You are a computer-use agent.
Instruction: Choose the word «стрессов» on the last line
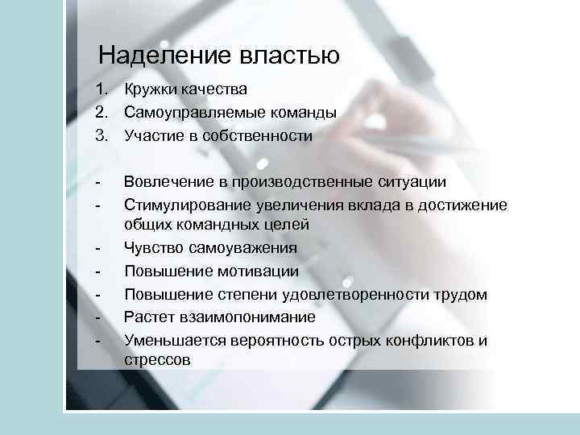pyautogui.click(x=158, y=361)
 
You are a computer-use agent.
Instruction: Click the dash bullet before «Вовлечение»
pyautogui.click(x=97, y=184)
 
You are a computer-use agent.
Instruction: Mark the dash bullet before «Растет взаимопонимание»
pyautogui.click(x=97, y=317)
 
